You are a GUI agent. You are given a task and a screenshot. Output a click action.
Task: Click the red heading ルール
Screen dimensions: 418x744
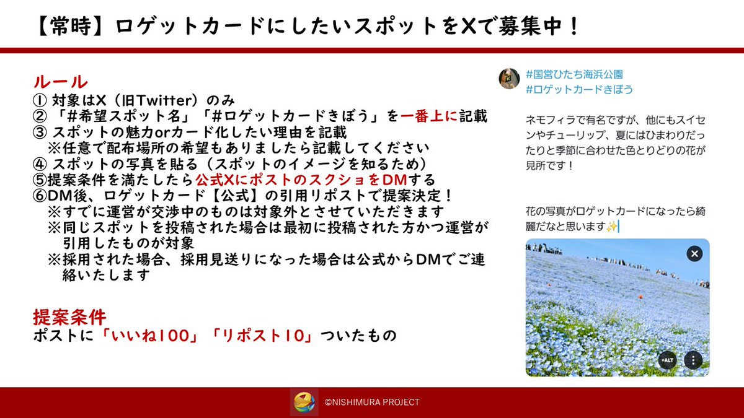coord(60,81)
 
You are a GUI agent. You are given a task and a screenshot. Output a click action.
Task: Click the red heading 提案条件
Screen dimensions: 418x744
coord(69,317)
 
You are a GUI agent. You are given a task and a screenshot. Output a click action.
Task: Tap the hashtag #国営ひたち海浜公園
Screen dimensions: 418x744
coord(574,74)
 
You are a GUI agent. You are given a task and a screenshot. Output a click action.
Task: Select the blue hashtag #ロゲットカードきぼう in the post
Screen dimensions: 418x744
coord(579,89)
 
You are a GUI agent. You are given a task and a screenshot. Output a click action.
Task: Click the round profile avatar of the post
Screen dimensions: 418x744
coord(510,78)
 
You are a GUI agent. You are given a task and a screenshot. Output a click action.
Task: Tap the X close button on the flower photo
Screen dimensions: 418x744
coord(695,253)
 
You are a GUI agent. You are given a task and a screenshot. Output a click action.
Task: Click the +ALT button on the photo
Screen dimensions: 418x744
coord(667,360)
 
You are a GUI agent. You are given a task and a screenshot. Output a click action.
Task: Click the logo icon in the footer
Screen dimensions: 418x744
coord(304,402)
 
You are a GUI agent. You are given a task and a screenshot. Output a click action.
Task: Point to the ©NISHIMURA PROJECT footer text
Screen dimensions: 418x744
coord(372,403)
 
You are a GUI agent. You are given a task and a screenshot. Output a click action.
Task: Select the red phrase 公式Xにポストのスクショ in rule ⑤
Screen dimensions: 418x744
coord(283,180)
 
